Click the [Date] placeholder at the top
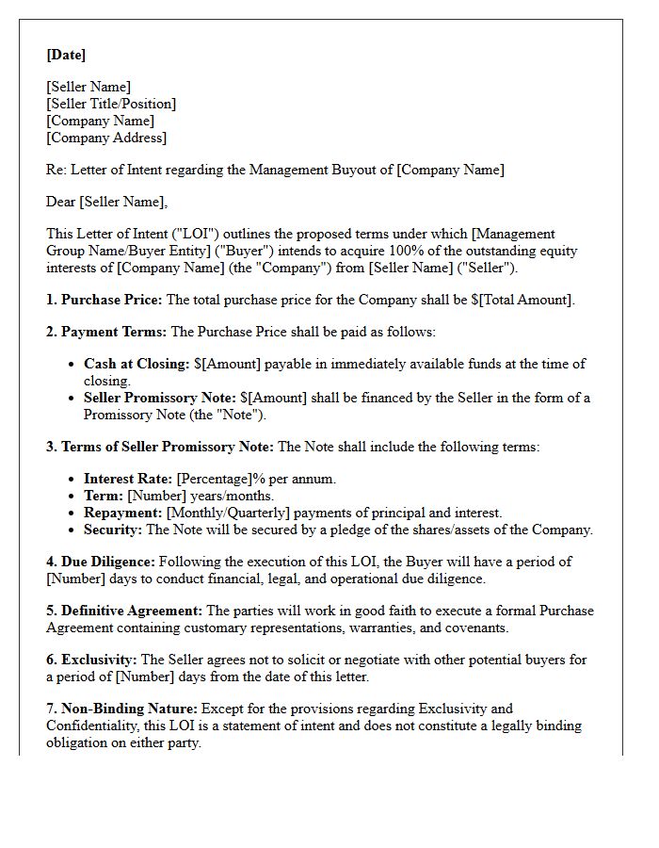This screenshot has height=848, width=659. pos(66,55)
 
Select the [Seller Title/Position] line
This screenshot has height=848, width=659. pos(111,104)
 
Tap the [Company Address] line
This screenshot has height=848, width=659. pos(106,138)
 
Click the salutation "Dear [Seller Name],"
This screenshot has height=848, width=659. pos(106,202)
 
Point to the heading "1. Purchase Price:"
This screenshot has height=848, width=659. pos(104,300)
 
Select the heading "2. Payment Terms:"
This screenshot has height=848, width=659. pos(105,332)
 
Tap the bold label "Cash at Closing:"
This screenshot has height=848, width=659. pos(137,364)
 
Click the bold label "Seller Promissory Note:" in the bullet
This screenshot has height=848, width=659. pos(159,398)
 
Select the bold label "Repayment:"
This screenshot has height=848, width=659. pos(122,513)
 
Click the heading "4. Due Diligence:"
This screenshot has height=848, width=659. pos(101,562)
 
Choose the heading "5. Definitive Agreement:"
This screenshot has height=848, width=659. pos(124,611)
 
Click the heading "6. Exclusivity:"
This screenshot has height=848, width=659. pos(91,660)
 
